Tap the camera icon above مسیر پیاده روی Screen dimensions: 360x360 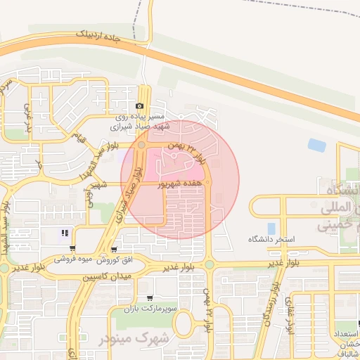tap(139, 106)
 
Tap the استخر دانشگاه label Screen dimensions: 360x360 tap(271, 240)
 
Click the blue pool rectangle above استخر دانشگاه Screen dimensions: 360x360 tap(271, 228)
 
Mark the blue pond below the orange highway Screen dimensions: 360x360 tap(317, 145)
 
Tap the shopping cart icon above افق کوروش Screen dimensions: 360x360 tap(114, 250)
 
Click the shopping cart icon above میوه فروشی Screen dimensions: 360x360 tap(73, 250)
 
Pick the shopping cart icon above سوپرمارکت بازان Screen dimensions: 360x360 tap(149, 298)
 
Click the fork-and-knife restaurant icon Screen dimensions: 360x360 tap(65, 233)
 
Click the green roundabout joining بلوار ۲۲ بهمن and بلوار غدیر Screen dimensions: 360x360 tap(209, 264)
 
